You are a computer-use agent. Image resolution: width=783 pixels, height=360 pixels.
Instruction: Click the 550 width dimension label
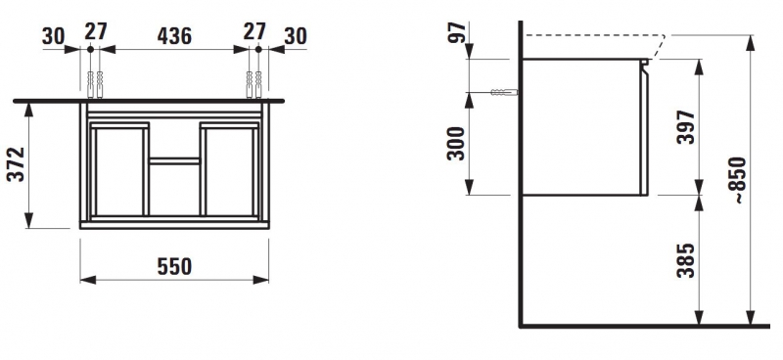click(x=174, y=267)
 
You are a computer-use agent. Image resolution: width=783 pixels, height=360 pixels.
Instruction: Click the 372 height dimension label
click(x=16, y=164)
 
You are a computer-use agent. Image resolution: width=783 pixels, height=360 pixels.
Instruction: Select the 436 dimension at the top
click(x=174, y=36)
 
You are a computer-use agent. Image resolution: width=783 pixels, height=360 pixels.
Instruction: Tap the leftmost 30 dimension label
click(x=54, y=36)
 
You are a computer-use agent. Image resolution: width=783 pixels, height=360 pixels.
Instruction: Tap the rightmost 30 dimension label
click(x=296, y=36)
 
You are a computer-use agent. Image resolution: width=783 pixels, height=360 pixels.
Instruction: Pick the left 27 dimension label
click(x=95, y=31)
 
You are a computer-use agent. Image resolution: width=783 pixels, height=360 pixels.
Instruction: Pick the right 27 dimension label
click(x=254, y=31)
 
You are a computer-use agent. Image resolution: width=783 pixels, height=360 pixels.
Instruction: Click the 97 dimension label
click(x=457, y=32)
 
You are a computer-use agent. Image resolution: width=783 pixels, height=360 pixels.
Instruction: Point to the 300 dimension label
click(x=456, y=144)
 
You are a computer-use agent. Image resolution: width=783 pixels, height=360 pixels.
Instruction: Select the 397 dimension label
click(x=686, y=127)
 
